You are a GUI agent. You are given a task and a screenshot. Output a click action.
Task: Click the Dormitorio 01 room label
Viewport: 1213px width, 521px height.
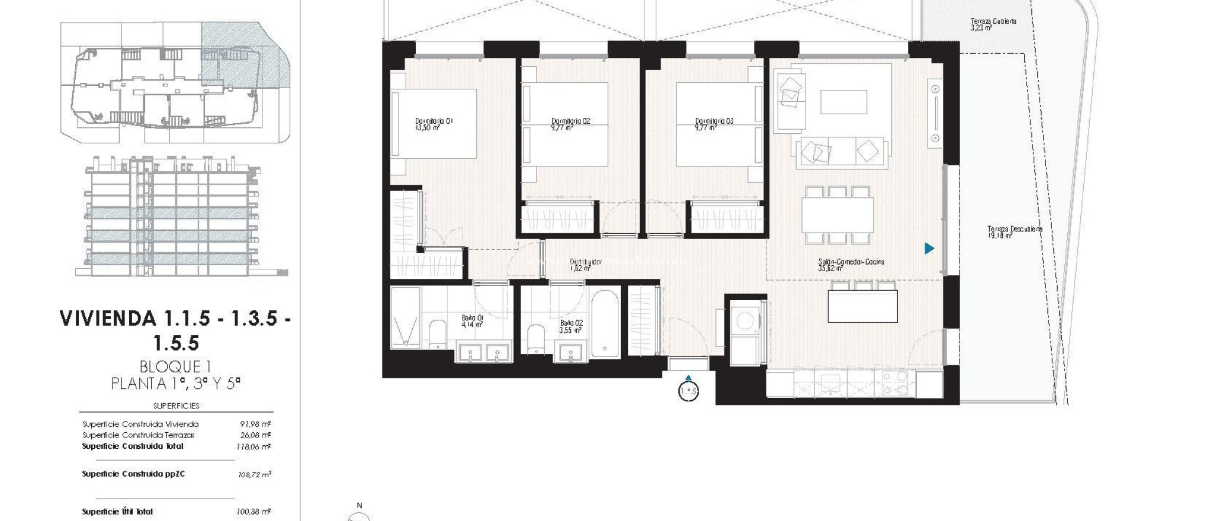(x=434, y=124)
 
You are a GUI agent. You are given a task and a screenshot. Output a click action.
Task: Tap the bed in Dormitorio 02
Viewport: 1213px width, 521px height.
(x=565, y=124)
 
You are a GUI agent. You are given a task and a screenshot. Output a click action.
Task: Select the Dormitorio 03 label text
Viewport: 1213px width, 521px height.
(x=714, y=124)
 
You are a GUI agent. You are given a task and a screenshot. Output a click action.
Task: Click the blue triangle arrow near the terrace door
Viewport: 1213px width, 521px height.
(x=929, y=249)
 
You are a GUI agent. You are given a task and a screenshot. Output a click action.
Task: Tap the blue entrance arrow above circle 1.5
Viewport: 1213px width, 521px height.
(x=688, y=378)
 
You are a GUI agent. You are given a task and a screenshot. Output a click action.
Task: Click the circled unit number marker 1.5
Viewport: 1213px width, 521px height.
(x=688, y=392)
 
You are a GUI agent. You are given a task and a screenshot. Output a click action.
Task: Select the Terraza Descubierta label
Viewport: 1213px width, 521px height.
(x=1015, y=231)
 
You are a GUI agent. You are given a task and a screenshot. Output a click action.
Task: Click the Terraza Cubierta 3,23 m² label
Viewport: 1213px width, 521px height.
(x=993, y=24)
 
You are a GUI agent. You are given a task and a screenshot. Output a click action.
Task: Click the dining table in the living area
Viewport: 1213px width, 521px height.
(x=837, y=215)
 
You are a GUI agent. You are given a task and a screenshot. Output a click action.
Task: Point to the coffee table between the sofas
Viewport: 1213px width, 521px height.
(x=843, y=102)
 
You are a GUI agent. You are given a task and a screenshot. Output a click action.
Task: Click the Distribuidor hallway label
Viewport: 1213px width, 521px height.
(x=585, y=264)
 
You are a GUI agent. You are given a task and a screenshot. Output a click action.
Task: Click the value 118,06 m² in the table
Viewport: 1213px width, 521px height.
(x=253, y=447)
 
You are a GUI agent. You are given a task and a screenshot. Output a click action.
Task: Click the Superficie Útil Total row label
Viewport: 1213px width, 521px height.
(x=117, y=512)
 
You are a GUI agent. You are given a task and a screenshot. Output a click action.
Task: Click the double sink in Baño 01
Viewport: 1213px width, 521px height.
(x=483, y=353)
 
